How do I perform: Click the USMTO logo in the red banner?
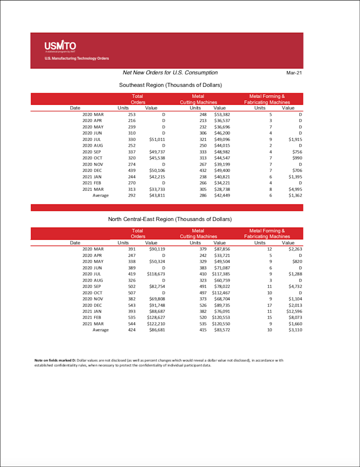pyautogui.click(x=60, y=45)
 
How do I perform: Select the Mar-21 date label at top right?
pyautogui.click(x=294, y=73)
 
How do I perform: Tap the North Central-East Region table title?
pyautogui.click(x=170, y=219)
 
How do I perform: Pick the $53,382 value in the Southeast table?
pyautogui.click(x=222, y=115)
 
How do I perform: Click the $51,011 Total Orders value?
pyautogui.click(x=157, y=139)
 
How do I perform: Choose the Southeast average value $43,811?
pyautogui.click(x=157, y=195)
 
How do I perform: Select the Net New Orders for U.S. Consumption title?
pyautogui.click(x=170, y=72)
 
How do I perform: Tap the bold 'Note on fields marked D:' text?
pyautogui.click(x=55, y=360)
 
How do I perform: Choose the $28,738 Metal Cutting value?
pyautogui.click(x=222, y=189)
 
